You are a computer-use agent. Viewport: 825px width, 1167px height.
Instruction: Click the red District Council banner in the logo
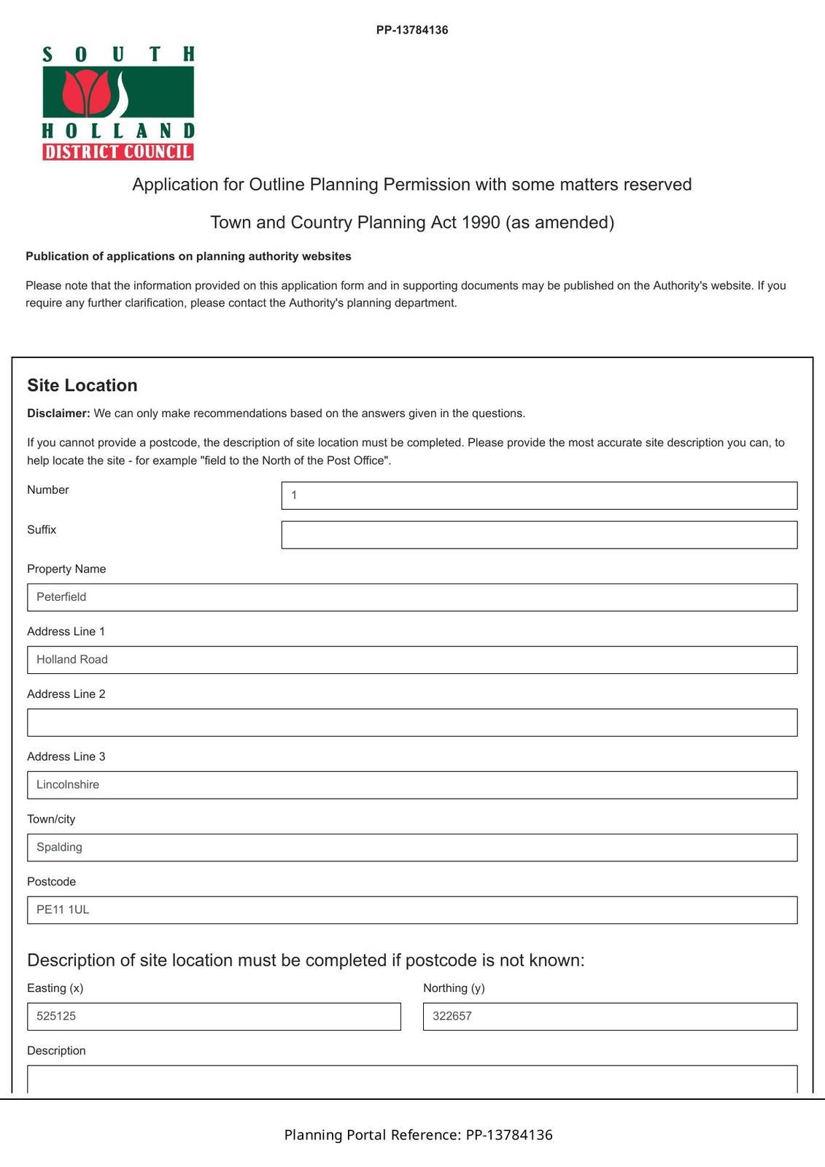(x=118, y=152)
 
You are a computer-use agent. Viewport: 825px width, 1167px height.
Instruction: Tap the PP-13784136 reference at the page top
(x=412, y=30)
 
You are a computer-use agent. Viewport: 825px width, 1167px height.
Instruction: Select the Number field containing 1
(x=539, y=495)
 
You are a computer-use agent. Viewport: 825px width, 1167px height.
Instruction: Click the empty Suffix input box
(x=539, y=535)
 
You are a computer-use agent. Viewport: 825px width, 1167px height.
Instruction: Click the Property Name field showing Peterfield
(x=412, y=597)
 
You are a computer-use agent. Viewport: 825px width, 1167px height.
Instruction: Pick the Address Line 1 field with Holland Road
(x=412, y=660)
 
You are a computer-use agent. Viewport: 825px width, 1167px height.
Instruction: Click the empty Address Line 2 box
(x=412, y=722)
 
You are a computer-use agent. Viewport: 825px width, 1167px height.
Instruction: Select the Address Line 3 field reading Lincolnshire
(x=412, y=785)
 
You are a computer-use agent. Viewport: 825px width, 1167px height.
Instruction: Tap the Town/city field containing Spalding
(x=412, y=848)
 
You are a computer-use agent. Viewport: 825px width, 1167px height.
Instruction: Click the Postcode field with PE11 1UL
(x=412, y=910)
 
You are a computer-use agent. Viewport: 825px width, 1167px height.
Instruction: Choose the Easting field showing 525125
(x=214, y=1016)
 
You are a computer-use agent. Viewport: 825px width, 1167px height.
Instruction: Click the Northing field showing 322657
(x=610, y=1016)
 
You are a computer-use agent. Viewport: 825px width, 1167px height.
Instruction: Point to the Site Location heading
(x=82, y=385)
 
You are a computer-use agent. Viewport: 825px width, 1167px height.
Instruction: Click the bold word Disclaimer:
(x=58, y=413)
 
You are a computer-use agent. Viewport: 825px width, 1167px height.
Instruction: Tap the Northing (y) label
(x=454, y=988)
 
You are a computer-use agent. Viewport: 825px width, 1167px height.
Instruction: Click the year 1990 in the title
(x=481, y=222)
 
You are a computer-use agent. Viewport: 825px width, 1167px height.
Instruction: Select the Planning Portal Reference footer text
(x=418, y=1134)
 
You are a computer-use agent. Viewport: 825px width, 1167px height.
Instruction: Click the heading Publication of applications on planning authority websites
(x=188, y=256)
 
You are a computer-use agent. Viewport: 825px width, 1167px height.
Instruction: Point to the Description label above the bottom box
(x=56, y=1050)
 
